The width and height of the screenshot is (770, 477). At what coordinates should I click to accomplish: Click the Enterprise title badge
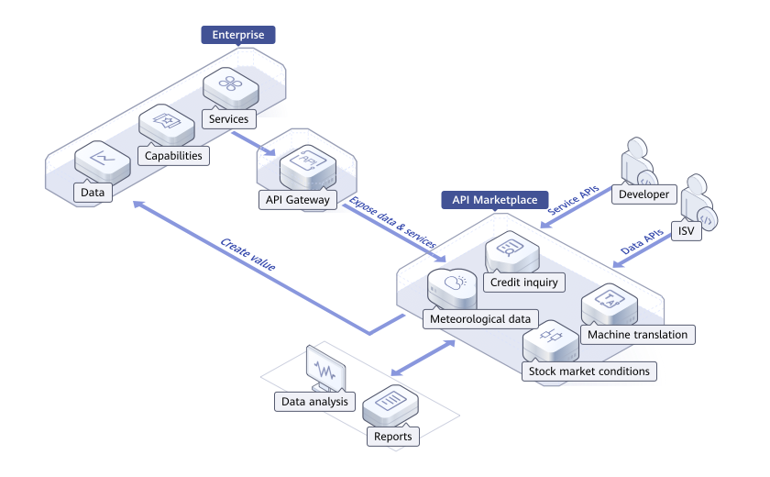[238, 35]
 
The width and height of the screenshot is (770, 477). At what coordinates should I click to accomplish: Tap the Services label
[228, 119]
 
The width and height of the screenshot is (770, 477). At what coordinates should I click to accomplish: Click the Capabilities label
[173, 156]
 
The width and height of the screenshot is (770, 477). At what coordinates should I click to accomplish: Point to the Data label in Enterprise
[93, 193]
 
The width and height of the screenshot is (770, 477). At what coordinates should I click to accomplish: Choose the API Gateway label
[295, 200]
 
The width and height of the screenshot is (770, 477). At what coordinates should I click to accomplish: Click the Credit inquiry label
[524, 283]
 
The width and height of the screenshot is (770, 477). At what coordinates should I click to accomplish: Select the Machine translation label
[637, 335]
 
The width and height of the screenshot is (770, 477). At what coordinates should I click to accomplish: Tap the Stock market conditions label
[588, 372]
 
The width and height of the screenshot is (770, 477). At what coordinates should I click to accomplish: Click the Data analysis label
[314, 402]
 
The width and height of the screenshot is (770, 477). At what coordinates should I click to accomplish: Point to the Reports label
[393, 437]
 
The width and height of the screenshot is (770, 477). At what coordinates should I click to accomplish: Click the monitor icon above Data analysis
[325, 368]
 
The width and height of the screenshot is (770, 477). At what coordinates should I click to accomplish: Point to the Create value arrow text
[248, 255]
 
